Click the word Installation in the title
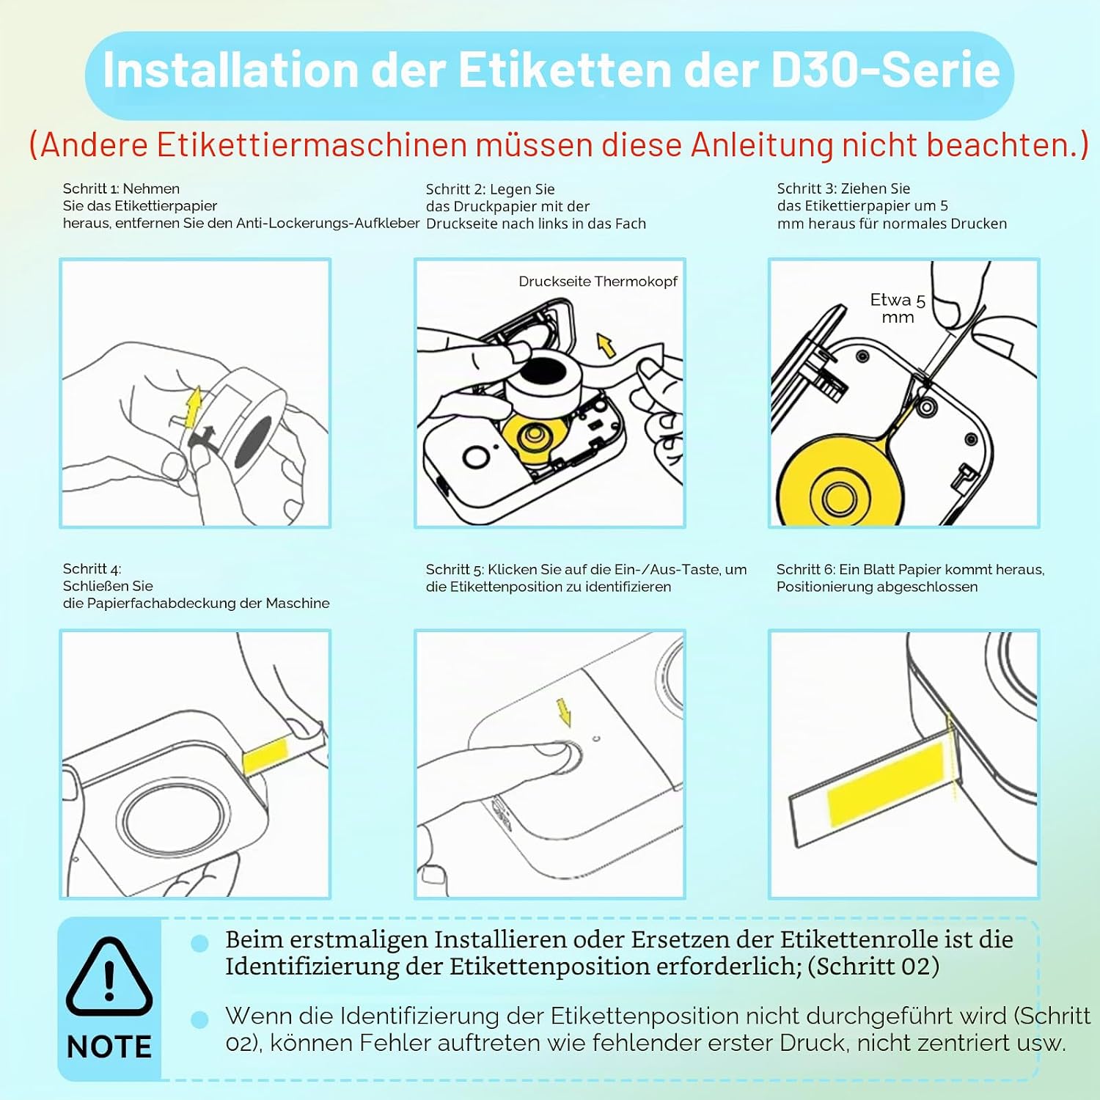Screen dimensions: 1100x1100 point(230,70)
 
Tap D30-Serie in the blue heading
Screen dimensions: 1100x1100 point(886,70)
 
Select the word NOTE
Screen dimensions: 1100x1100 point(109,1046)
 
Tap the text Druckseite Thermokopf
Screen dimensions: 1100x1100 point(598,282)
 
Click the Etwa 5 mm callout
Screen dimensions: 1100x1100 point(898,309)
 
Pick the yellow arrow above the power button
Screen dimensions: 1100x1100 point(563,711)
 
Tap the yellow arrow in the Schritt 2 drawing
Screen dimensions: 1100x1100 point(606,345)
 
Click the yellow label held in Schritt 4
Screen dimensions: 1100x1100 point(265,755)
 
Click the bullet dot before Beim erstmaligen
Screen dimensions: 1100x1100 point(199,943)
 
